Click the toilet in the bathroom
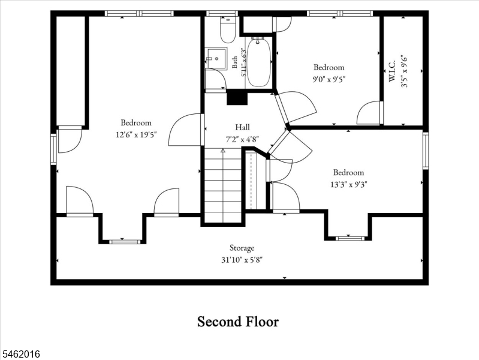click(x=228, y=29)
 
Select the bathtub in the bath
click(x=258, y=62)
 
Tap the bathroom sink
click(x=216, y=58)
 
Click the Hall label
click(x=242, y=127)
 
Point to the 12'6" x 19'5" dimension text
click(x=136, y=135)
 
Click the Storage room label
click(x=242, y=248)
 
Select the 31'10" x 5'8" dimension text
click(x=242, y=260)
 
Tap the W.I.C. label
click(x=392, y=71)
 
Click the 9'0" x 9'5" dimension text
click(x=329, y=80)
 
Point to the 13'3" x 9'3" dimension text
click(x=348, y=184)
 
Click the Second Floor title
click(x=238, y=322)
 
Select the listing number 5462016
click(x=20, y=354)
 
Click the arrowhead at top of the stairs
click(x=223, y=151)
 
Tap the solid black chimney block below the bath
click(x=237, y=97)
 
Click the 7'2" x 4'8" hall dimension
click(x=242, y=139)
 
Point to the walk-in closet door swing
click(x=370, y=113)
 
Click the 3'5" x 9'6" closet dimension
click(x=404, y=71)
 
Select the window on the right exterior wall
click(x=426, y=150)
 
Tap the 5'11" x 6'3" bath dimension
click(x=243, y=62)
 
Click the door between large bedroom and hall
click(x=186, y=130)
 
